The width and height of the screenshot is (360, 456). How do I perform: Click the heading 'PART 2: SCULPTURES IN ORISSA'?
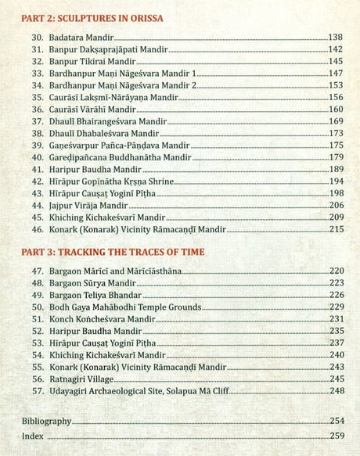[x=98, y=17]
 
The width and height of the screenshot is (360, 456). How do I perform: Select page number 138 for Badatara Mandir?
[x=336, y=37]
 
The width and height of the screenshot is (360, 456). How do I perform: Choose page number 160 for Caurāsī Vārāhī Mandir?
[x=336, y=110]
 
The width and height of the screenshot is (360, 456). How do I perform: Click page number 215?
[x=336, y=230]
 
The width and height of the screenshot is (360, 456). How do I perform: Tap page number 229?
[x=336, y=307]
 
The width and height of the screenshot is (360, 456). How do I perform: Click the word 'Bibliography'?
[x=46, y=422]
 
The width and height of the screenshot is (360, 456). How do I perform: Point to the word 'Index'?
[x=33, y=436]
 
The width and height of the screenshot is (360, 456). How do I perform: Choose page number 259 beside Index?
[x=336, y=436]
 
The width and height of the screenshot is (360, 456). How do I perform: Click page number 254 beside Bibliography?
[x=336, y=422]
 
